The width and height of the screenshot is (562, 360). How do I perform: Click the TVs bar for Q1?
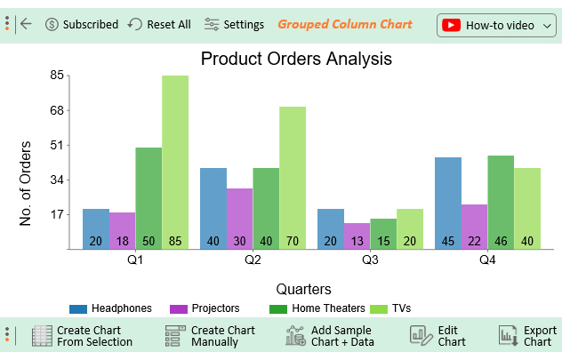coord(175,162)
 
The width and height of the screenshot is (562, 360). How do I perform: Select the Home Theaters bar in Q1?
coord(149,197)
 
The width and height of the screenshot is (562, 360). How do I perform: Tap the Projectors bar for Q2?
coord(239,218)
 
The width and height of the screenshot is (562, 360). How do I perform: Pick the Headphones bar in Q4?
coord(448,203)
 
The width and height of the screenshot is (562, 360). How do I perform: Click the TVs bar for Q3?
coord(410,228)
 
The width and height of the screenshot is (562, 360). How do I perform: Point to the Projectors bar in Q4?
coord(474,227)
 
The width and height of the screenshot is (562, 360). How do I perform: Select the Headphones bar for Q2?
coord(213,208)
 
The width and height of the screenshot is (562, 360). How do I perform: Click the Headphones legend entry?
coord(111,308)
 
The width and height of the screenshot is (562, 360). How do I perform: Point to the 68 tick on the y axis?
coord(56,111)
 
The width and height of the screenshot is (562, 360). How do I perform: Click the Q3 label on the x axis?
coord(370,261)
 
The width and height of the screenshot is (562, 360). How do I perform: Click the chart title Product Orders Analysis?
coord(296,60)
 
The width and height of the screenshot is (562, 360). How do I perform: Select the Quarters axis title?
coord(304,289)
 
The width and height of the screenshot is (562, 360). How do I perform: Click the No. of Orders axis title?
coord(26,182)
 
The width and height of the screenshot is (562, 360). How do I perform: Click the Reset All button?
coord(159,25)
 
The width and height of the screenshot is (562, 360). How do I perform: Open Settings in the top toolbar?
coord(234,25)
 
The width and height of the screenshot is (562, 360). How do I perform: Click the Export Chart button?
coord(527,336)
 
